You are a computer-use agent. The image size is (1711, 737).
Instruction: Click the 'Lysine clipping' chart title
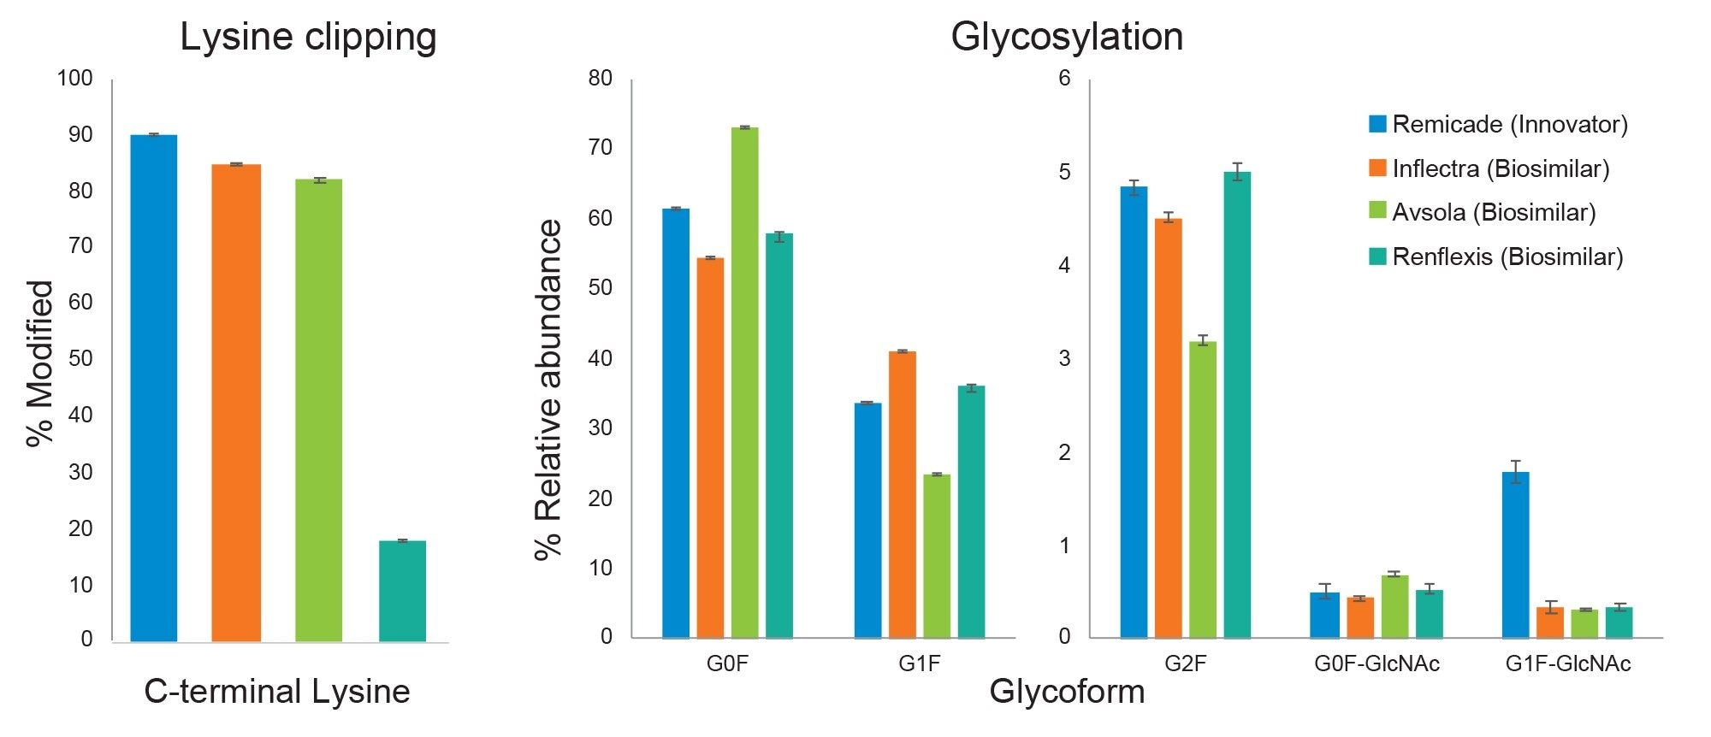(x=308, y=38)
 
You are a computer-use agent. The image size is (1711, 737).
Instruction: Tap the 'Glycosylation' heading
(x=1067, y=38)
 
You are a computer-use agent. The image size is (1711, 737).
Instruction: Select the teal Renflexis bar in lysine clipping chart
(x=402, y=590)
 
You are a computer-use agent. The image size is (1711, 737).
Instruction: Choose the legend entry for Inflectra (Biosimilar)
(x=1500, y=168)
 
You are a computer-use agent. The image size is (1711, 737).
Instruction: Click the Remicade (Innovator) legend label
(x=1509, y=125)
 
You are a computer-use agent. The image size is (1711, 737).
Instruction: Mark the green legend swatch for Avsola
(x=1377, y=213)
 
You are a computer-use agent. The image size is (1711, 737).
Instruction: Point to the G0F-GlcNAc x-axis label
(x=1376, y=664)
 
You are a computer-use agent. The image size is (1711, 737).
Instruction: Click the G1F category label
(x=919, y=664)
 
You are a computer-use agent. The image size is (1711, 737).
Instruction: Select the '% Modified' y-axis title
(x=40, y=363)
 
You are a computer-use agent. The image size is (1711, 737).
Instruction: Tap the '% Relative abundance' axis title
(x=549, y=389)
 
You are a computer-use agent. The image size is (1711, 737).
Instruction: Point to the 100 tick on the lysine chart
(x=74, y=80)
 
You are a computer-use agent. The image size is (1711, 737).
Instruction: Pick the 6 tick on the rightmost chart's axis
(x=1064, y=80)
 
